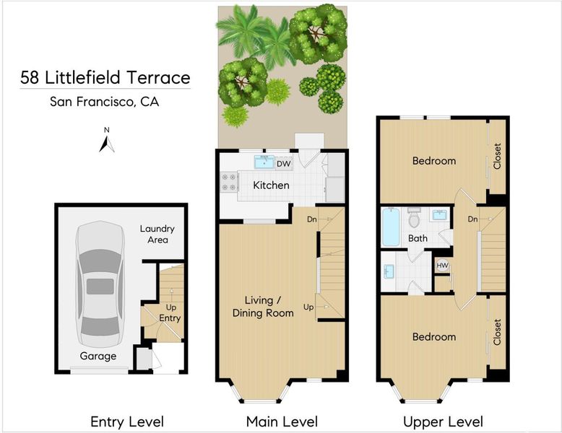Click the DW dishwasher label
pos(283,164)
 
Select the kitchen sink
pos(264,162)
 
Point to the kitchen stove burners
pos(229,182)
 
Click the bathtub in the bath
pos(391,227)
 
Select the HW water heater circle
pos(442,266)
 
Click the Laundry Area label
pos(157,235)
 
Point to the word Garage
pos(98,356)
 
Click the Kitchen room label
pos(271,185)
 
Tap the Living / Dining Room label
pos(263,307)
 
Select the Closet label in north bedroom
pos(497,156)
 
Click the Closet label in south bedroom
pos(497,332)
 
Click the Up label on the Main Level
pos(308,307)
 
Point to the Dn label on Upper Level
pos(472,219)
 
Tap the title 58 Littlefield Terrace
pos(105,78)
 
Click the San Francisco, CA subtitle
pos(104,102)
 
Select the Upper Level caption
pos(443,421)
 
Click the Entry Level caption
pos(127,421)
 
